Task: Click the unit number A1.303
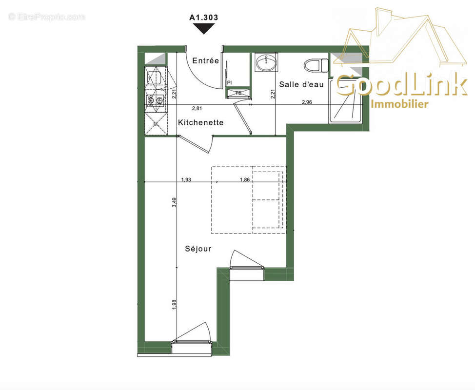[x=203, y=17]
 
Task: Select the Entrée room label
[x=205, y=61]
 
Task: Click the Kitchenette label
[x=200, y=122]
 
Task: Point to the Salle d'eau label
[x=301, y=84]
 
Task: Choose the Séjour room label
[x=198, y=249]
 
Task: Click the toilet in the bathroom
[x=316, y=64]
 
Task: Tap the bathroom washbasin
[x=265, y=63]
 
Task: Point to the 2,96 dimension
[x=307, y=101]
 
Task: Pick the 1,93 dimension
[x=186, y=179]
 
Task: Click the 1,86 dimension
[x=245, y=179]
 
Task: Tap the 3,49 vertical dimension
[x=174, y=202]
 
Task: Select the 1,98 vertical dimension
[x=174, y=303]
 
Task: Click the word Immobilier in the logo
[x=399, y=104]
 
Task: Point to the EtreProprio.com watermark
[x=46, y=17]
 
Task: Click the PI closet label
[x=229, y=83]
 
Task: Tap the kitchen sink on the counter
[x=156, y=76]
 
